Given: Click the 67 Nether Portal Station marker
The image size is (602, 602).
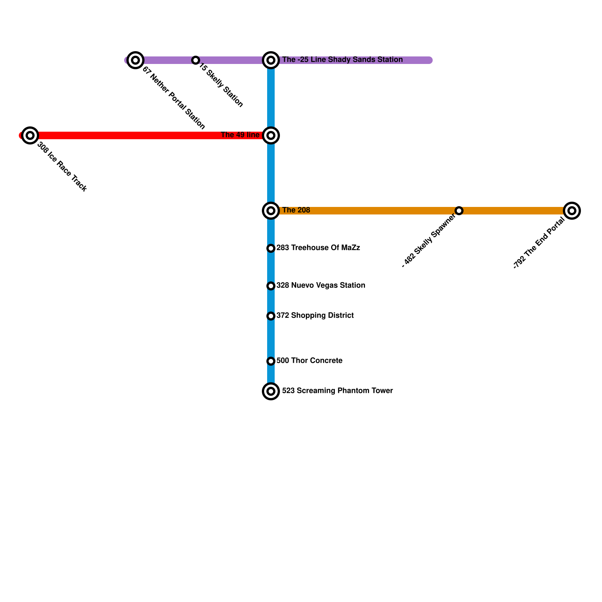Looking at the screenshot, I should (135, 60).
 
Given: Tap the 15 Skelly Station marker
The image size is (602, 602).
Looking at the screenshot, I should (195, 60).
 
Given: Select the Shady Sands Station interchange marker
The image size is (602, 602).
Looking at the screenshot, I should (271, 60).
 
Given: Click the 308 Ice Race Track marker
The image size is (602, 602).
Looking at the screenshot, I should (30, 135).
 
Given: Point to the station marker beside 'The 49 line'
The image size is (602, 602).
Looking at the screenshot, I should (271, 135).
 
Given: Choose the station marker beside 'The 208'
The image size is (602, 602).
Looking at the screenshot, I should (271, 210).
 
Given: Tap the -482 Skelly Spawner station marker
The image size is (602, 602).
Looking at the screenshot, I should (459, 210).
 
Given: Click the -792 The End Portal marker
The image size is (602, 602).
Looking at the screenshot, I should (572, 210).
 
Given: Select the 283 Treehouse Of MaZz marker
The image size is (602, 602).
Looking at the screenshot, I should (271, 248).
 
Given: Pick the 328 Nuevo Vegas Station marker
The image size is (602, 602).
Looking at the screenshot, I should (271, 286).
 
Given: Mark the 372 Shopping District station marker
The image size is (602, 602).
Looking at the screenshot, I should (271, 316).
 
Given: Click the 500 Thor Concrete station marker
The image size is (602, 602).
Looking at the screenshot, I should (271, 361).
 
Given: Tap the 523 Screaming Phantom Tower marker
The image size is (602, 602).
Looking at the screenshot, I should (271, 391).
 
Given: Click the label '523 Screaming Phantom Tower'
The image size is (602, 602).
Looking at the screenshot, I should (337, 391).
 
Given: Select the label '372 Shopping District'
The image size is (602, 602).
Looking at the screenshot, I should (315, 316).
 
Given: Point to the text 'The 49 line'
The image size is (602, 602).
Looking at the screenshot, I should (240, 135).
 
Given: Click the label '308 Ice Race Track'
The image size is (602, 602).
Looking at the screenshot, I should (62, 167).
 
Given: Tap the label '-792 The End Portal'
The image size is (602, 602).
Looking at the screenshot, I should (539, 243).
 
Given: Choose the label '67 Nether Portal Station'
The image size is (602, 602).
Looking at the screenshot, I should (173, 98).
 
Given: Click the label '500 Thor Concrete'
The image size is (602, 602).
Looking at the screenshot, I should (309, 361).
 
